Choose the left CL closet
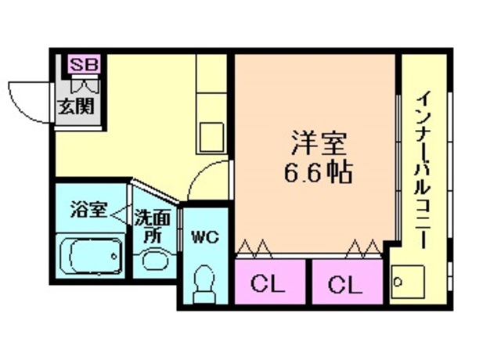coord(267,284)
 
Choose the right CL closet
coord(344,284)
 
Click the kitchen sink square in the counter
coord(211,136)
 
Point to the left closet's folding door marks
coord(255,248)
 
